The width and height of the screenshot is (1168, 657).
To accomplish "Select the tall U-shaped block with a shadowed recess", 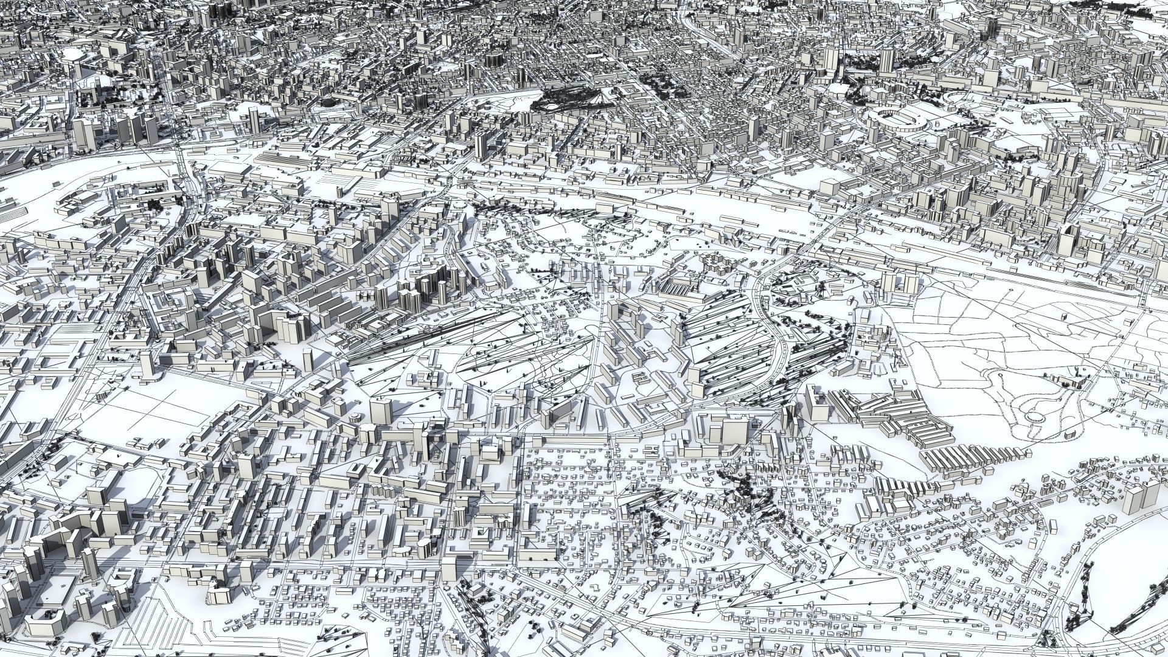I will (x=268, y=322).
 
